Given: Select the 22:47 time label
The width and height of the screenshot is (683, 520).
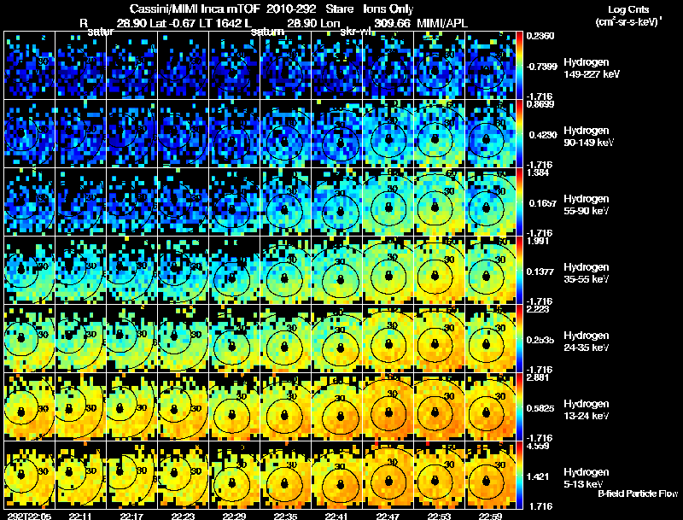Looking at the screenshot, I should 388,515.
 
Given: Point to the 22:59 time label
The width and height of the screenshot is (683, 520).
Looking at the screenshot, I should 490,515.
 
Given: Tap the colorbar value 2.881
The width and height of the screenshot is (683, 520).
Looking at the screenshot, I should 541,377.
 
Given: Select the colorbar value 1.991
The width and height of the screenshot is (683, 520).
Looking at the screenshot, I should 541,241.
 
